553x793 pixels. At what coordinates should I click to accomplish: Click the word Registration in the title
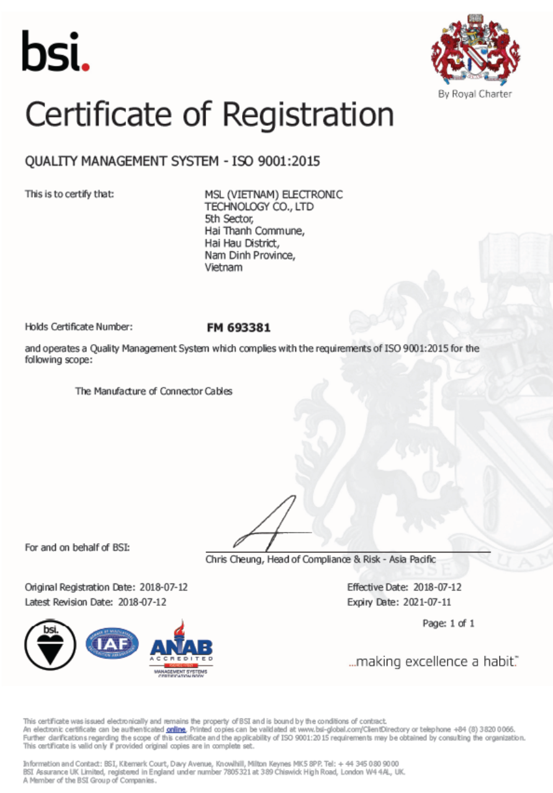(x=308, y=115)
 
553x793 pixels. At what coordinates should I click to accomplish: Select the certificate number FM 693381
(x=238, y=327)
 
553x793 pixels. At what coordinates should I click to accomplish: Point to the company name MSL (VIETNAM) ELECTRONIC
(x=273, y=195)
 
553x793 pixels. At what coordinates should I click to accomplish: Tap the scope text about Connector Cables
(x=154, y=391)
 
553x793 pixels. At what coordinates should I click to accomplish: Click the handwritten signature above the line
(x=267, y=526)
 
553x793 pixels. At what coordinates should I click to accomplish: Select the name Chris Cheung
(x=233, y=559)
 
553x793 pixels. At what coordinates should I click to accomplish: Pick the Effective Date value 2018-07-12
(x=438, y=587)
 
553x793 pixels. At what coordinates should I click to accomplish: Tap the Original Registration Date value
(x=163, y=587)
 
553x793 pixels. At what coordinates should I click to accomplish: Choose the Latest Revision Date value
(x=142, y=601)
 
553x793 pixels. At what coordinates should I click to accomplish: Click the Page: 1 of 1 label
(x=448, y=624)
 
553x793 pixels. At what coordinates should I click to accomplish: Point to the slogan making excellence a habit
(x=433, y=662)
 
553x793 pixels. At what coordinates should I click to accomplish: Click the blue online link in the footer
(x=176, y=729)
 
